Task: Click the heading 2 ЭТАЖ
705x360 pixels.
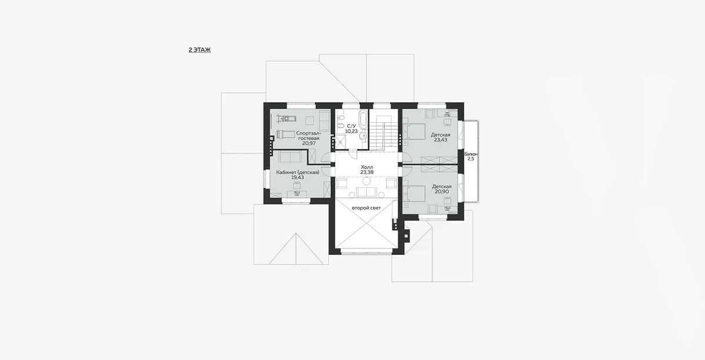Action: click(200, 50)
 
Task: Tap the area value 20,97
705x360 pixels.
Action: click(309, 143)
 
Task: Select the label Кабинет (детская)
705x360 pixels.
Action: click(298, 172)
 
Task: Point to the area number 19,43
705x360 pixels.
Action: click(298, 177)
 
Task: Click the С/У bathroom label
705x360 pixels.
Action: click(351, 126)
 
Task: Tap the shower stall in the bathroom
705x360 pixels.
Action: click(340, 142)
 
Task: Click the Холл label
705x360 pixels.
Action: click(367, 167)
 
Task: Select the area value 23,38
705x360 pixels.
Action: click(367, 173)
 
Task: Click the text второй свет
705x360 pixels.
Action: click(367, 208)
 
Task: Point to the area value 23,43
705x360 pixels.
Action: click(441, 140)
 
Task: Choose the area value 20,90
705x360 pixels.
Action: click(442, 191)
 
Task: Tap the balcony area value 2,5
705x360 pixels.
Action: click(471, 159)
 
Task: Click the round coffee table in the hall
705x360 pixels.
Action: click(367, 181)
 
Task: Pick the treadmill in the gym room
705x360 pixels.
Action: click(66, 118)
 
